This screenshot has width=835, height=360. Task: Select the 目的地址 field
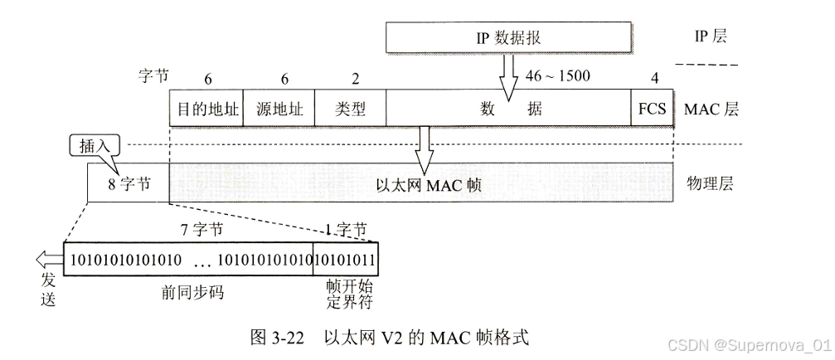point(205,109)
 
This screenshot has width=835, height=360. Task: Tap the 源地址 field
point(279,109)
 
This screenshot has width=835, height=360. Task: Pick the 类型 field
point(350,109)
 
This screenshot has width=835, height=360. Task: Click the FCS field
point(653,109)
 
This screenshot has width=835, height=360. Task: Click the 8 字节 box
point(128,183)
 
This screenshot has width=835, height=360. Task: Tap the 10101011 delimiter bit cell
point(347,260)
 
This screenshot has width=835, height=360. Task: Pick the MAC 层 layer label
point(711,109)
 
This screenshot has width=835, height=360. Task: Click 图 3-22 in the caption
point(279,337)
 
